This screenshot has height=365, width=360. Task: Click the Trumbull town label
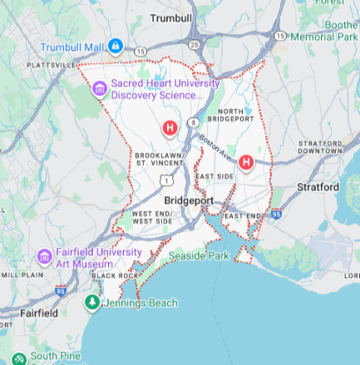[171, 17]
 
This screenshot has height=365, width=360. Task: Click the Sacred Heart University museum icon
[100, 88]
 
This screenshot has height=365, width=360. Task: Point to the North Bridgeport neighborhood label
[236, 116]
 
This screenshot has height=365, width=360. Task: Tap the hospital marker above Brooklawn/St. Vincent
[170, 128]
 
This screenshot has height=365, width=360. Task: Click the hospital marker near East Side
[246, 162]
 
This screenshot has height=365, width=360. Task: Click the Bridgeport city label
[189, 201]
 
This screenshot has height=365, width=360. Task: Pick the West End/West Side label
[152, 218]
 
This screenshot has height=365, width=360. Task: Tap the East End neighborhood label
[243, 216]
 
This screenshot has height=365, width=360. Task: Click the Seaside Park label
[199, 256]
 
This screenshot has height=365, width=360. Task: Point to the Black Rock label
[116, 275]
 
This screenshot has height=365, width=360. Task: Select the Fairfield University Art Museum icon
[45, 256]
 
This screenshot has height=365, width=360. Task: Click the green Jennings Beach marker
[91, 303]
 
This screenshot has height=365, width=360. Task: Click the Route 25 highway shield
[194, 44]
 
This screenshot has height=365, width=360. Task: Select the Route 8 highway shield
[192, 122]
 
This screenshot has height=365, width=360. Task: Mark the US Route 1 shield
[168, 180]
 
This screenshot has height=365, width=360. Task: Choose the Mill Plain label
[22, 274]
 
